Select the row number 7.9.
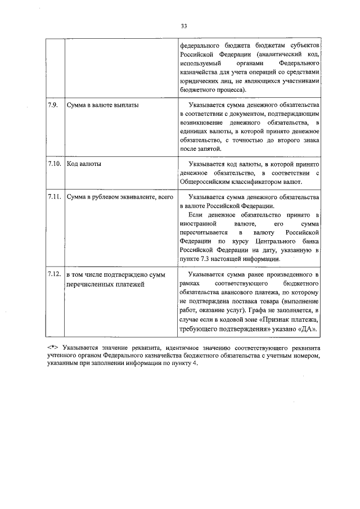pyautogui.click(x=52, y=105)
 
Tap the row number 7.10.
pyautogui.click(x=54, y=163)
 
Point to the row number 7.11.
pyautogui.click(x=54, y=197)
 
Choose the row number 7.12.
pyautogui.click(x=54, y=274)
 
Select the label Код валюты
pyautogui.click(x=84, y=163)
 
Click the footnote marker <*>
pyautogui.click(x=53, y=348)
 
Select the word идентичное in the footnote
pyautogui.click(x=176, y=348)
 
